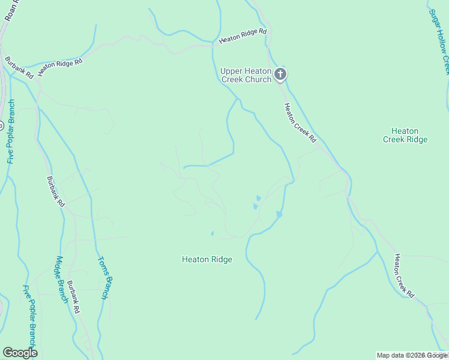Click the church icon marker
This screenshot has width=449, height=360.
280,74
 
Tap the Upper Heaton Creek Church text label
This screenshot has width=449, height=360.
246,75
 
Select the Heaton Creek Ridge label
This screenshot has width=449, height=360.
405,135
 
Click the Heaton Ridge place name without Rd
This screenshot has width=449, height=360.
206,260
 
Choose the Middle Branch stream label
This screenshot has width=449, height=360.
61,280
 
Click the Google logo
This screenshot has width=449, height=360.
20,353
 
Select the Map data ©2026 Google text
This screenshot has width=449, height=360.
412,355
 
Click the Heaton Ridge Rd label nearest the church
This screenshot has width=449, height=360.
243,36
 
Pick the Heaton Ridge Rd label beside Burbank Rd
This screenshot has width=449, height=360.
59,67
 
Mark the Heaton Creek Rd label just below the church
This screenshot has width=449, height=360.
300,123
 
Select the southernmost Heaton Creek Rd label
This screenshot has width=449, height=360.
403,275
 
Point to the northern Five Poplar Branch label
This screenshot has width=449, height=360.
11,132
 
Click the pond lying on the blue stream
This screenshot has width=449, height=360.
279,214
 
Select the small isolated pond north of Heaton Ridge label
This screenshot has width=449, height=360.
212,233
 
